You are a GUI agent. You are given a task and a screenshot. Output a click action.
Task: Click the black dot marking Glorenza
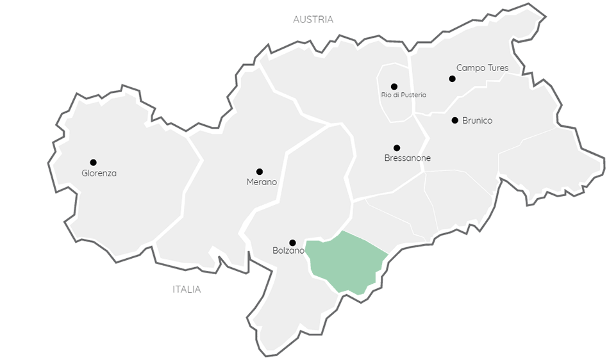[93, 162]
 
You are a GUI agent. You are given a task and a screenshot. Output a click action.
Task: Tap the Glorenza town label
[99, 173]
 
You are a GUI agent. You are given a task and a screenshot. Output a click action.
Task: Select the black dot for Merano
[260, 172]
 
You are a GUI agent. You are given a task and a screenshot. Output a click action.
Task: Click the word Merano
[262, 182]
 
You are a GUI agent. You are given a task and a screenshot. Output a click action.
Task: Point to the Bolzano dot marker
[292, 243]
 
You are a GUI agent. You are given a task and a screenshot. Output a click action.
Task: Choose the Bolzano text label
[288, 251]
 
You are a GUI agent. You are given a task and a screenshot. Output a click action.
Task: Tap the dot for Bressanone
[397, 148]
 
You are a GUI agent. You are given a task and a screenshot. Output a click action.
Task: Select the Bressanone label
[408, 158]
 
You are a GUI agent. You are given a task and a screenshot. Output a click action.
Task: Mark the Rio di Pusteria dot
[394, 86]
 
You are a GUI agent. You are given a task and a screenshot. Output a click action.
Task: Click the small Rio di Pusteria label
[403, 95]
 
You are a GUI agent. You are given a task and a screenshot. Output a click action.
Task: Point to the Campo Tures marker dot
[452, 79]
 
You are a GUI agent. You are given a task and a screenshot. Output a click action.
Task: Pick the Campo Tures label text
[482, 68]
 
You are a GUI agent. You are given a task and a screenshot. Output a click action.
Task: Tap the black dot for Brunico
[455, 120]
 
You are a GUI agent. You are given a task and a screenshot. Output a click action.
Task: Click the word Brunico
[477, 120]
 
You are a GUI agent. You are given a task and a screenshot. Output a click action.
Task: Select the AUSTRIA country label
[313, 20]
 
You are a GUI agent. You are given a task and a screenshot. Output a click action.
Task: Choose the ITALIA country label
[187, 290]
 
